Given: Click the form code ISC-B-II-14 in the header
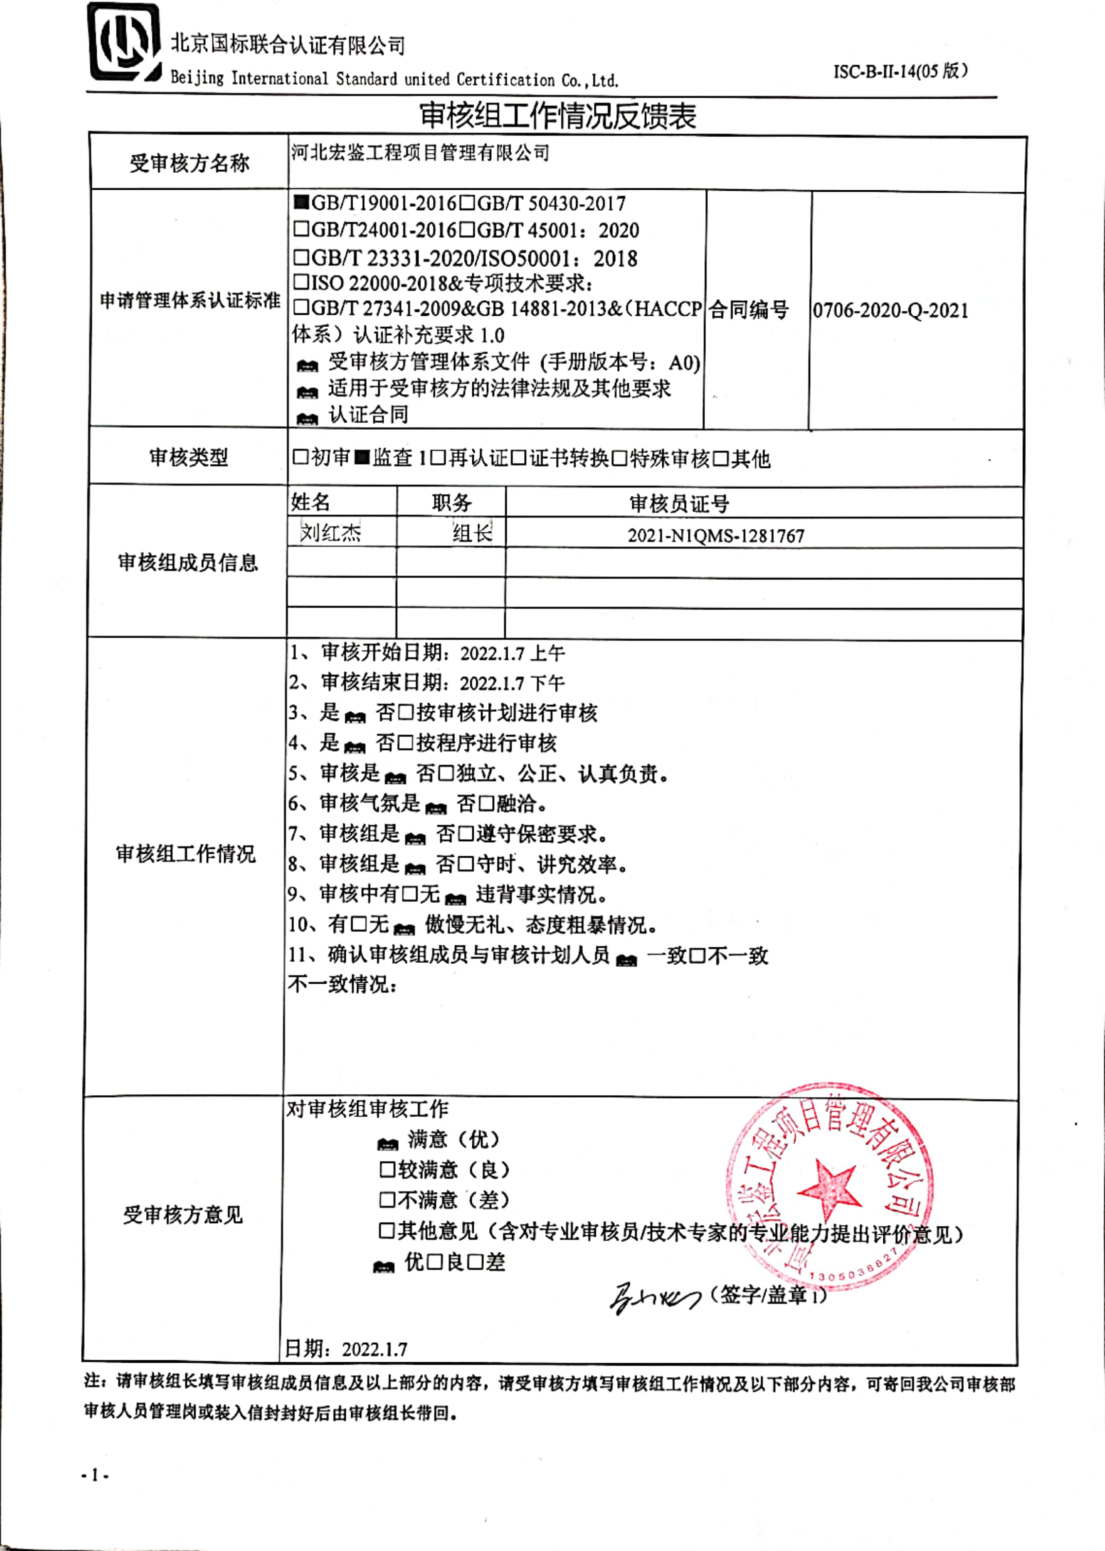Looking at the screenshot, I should (899, 72).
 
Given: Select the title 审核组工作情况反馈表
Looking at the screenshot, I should (557, 116).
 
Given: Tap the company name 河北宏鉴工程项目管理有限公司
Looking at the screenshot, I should (420, 153).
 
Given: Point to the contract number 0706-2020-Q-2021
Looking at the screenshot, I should (890, 311).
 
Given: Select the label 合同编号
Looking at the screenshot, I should (749, 310).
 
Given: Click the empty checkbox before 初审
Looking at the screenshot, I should (301, 457).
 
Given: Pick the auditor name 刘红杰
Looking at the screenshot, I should (331, 533).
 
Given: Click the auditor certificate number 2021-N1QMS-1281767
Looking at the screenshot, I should (716, 536).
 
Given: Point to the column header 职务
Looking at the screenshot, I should (451, 503).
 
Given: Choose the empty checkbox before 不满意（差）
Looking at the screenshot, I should (387, 1199).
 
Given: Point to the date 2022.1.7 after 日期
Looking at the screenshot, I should (374, 1349).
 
